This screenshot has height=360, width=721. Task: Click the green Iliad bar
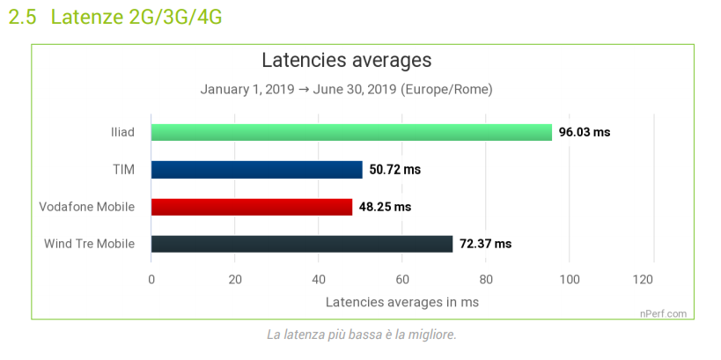click(x=351, y=133)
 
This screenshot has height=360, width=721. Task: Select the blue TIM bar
click(x=256, y=170)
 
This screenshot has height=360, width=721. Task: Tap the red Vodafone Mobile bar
click(x=251, y=207)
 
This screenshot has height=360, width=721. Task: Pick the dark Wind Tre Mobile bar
click(x=301, y=244)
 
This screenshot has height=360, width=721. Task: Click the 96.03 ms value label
click(x=584, y=133)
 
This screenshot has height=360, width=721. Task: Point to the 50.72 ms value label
click(x=395, y=170)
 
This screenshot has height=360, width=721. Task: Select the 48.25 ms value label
click(x=385, y=207)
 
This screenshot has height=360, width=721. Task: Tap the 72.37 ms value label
click(x=485, y=244)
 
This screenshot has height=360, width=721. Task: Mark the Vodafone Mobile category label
click(x=87, y=207)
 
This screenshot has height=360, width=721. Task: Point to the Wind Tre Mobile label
click(x=89, y=244)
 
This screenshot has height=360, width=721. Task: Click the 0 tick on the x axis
click(x=151, y=280)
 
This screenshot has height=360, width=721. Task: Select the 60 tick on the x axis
click(x=401, y=280)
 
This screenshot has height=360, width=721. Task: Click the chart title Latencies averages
click(x=346, y=61)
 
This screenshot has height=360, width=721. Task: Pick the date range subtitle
click(x=346, y=90)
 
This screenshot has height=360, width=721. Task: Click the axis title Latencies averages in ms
click(x=402, y=302)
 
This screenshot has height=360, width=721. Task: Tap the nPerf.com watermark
click(x=663, y=312)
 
